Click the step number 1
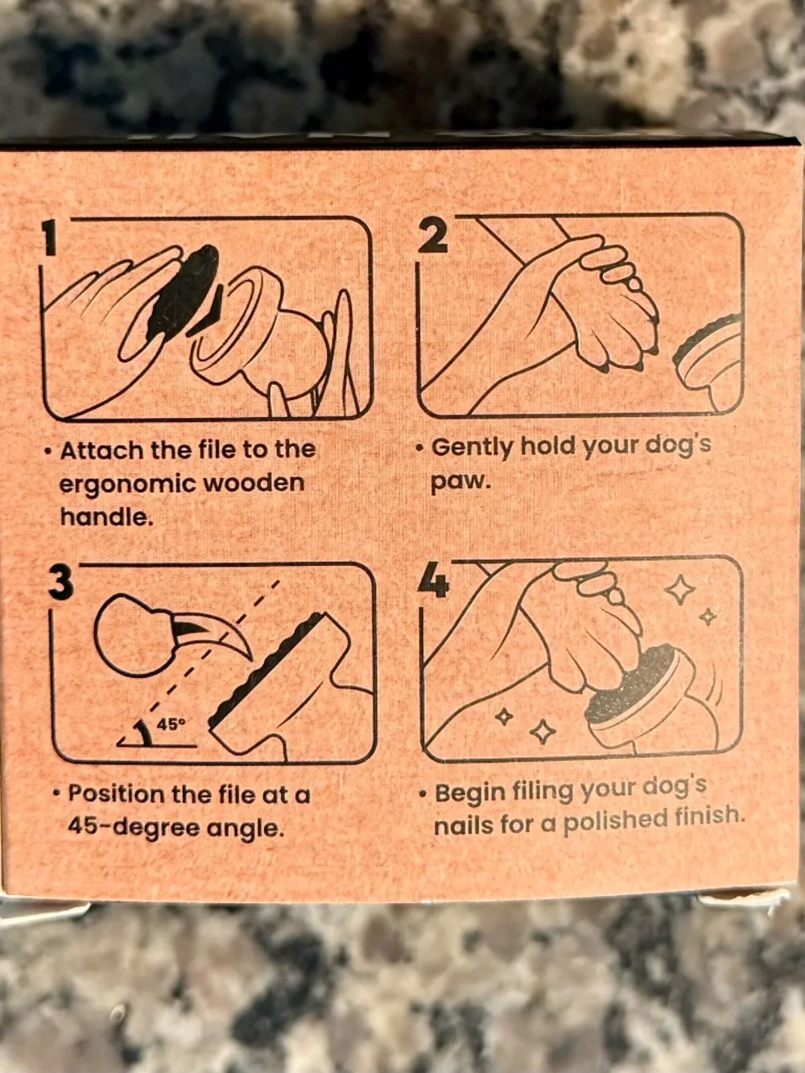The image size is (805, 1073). (x=51, y=237)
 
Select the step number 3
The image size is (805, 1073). (x=60, y=584)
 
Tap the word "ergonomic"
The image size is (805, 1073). (x=126, y=484)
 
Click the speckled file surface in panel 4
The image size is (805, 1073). (x=630, y=681)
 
